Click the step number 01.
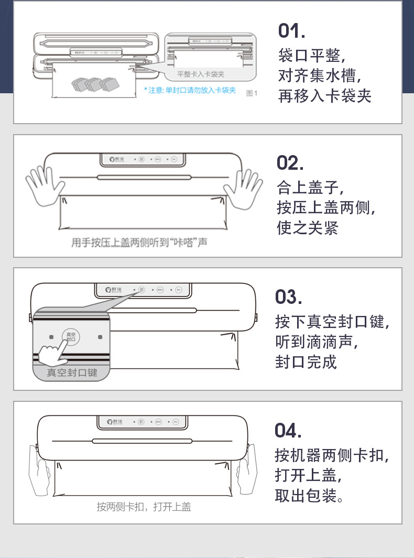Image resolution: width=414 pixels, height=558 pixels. (291, 31)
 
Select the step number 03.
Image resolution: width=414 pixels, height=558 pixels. (289, 297)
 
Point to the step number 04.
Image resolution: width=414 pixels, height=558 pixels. (288, 430)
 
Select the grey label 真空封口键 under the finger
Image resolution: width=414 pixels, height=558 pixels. (72, 373)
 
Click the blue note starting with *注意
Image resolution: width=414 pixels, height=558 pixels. (190, 91)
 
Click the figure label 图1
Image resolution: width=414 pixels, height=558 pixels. (252, 93)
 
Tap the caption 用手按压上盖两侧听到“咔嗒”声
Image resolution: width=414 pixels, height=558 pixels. (139, 243)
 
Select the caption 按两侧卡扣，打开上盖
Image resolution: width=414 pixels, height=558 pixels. (144, 507)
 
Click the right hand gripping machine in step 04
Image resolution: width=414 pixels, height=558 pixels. (245, 469)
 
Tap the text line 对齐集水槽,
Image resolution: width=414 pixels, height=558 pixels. (320, 76)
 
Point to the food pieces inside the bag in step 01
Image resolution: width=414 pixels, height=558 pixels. (94, 83)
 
